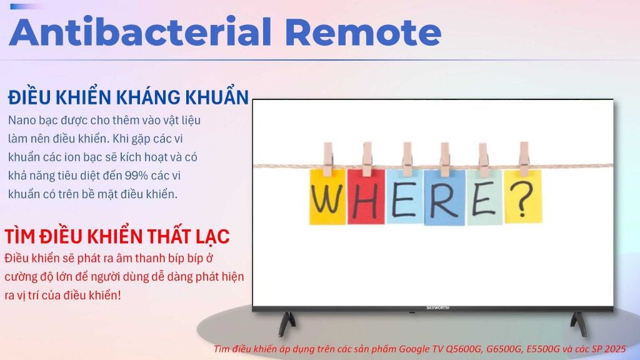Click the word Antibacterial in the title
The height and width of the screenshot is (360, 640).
tap(140, 31)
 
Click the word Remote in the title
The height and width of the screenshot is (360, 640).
tap(363, 32)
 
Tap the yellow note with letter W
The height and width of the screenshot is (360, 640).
tap(327, 197)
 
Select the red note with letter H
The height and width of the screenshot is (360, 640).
tap(366, 197)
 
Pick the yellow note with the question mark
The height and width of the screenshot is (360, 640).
tap(523, 197)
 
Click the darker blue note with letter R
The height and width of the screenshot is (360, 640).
tap(444, 197)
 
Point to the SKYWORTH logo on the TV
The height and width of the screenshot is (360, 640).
tap(437, 307)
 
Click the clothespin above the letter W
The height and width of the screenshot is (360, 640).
tap(327, 159)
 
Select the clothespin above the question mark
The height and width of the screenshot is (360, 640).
tap(524, 159)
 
